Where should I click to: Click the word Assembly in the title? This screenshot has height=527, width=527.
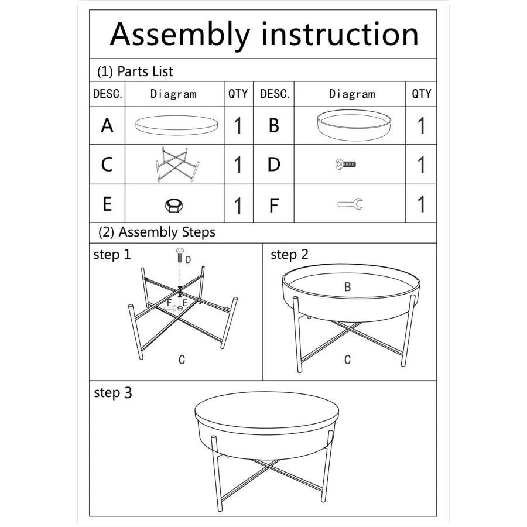coord(180,35)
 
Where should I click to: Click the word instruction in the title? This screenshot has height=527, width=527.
coord(340,34)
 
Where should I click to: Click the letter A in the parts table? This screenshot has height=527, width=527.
coord(107,126)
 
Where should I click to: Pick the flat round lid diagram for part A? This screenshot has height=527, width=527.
coord(176,125)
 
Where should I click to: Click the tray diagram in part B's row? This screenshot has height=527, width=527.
coord(354,125)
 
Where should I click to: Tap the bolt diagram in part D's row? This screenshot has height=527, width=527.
coord(345,165)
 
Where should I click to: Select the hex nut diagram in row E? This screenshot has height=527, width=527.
coord(174,206)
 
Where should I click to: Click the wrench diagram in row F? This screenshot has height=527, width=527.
coord(350,204)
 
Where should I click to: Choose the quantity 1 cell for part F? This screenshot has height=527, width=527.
coord(421,204)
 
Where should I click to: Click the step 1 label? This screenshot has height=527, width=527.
coord(112,255)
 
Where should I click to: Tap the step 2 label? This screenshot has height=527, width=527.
coord(289,255)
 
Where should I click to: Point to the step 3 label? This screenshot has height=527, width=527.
coord(113,392)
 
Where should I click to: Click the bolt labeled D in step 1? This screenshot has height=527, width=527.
coord(180,255)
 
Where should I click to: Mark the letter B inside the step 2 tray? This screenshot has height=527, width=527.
coord(347,287)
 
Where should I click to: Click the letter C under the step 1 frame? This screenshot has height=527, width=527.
coord(182,360)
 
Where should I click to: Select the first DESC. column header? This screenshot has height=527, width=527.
coord(108,94)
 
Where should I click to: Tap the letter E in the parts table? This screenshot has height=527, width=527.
coord(107,204)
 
